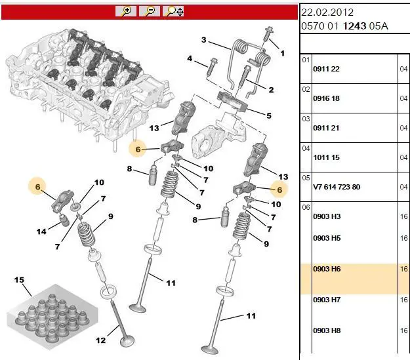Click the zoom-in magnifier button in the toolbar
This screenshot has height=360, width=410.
(x=125, y=10)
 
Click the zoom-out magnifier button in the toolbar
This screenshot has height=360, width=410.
(x=150, y=10)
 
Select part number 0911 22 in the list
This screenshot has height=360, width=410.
(x=325, y=69)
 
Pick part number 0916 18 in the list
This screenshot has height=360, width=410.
(x=325, y=98)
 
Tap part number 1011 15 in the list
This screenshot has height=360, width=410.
(x=325, y=157)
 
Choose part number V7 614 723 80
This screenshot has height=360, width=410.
(x=337, y=187)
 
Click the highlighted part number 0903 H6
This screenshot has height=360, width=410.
(x=327, y=269)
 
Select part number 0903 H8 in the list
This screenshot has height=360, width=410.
(x=327, y=330)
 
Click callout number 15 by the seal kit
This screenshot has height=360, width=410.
(x=19, y=281)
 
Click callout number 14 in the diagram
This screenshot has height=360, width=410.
(x=41, y=231)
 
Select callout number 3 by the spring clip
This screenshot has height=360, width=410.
(x=204, y=40)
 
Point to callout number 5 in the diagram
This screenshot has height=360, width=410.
(x=268, y=116)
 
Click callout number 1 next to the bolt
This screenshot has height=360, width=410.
(x=283, y=53)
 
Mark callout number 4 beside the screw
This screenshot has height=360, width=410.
(x=190, y=59)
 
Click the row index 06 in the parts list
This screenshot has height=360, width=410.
(x=304, y=207)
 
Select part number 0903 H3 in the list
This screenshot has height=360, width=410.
(x=327, y=216)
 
